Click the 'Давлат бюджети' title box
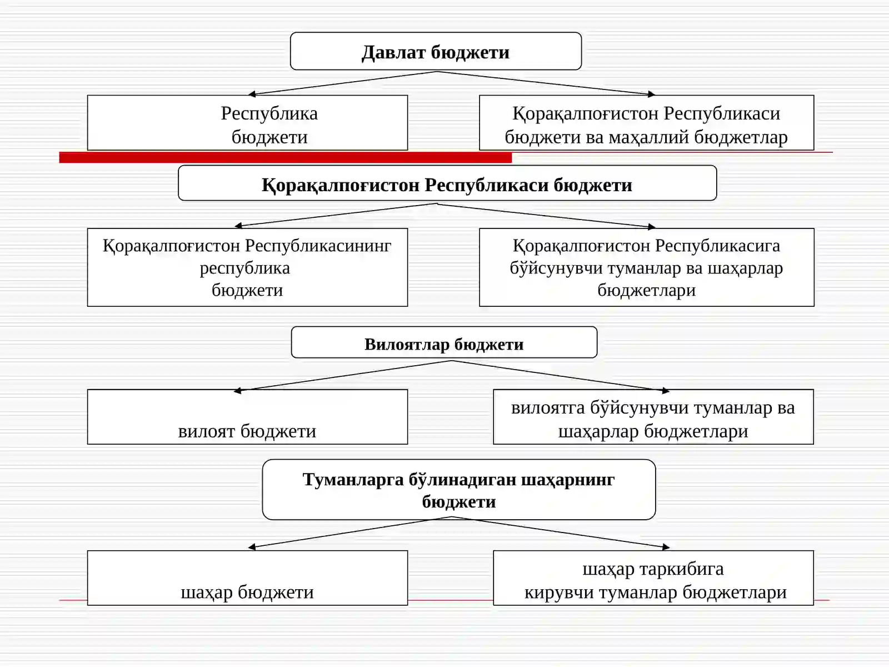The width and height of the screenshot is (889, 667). (436, 52)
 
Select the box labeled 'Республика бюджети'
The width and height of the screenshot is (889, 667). (247, 123)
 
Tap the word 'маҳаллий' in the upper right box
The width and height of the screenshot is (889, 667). (649, 137)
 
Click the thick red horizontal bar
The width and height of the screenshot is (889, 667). (286, 157)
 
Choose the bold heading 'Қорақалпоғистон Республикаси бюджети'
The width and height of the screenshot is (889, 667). (447, 186)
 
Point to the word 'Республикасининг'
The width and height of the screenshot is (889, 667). (318, 246)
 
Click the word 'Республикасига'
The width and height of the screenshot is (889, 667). (718, 246)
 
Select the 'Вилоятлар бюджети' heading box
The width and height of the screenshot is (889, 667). (444, 342)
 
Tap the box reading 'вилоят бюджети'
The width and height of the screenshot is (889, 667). (247, 417)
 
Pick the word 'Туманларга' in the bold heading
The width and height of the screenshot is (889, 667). (353, 480)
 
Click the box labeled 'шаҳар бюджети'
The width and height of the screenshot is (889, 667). (247, 578)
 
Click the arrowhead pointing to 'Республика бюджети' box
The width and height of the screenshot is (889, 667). (252, 94)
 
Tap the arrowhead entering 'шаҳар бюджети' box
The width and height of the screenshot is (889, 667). (252, 547)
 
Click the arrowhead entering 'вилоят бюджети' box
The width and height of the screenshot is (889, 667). (238, 390)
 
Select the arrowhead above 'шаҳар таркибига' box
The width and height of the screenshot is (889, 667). (666, 547)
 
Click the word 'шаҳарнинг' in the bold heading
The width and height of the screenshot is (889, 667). (567, 480)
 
